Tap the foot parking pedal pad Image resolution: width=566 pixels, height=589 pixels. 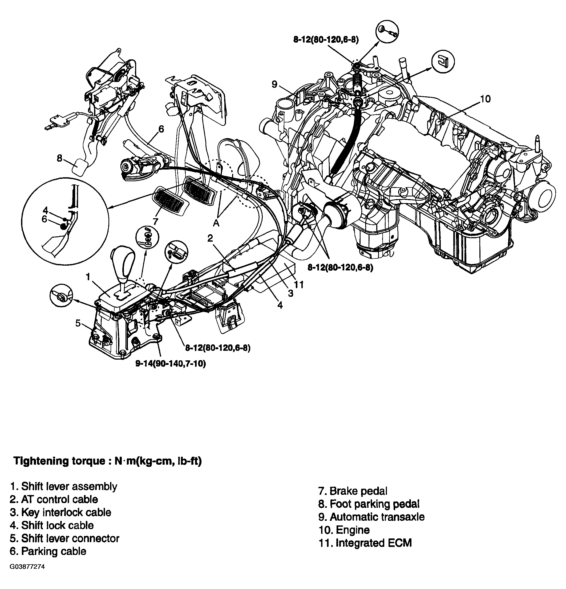pyautogui.click(x=80, y=167)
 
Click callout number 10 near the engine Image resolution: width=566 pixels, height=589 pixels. pyautogui.click(x=485, y=98)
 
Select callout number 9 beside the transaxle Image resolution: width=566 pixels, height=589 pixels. pyautogui.click(x=274, y=84)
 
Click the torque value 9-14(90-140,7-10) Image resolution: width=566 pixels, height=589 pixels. pyautogui.click(x=170, y=364)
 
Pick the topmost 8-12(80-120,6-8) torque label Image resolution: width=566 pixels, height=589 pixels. pyautogui.click(x=326, y=40)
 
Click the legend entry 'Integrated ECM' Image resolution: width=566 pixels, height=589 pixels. pyautogui.click(x=365, y=543)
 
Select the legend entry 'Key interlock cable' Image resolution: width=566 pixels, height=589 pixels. pyautogui.click(x=60, y=512)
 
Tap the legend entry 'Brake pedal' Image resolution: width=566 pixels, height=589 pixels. pyautogui.click(x=353, y=491)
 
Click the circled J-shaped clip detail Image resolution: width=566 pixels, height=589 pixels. pyautogui.click(x=443, y=61)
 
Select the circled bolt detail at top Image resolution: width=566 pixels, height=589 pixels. pyautogui.click(x=387, y=32)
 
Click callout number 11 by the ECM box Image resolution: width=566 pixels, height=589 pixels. pyautogui.click(x=298, y=284)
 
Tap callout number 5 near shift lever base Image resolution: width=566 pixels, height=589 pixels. pyautogui.click(x=78, y=323)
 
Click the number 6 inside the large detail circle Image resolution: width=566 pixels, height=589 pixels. pyautogui.click(x=45, y=219)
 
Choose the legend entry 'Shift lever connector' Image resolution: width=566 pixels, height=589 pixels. pyautogui.click(x=65, y=538)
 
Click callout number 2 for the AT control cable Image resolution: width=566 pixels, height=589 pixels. pyautogui.click(x=210, y=238)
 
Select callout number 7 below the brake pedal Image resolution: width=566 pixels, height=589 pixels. pyautogui.click(x=155, y=221)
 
